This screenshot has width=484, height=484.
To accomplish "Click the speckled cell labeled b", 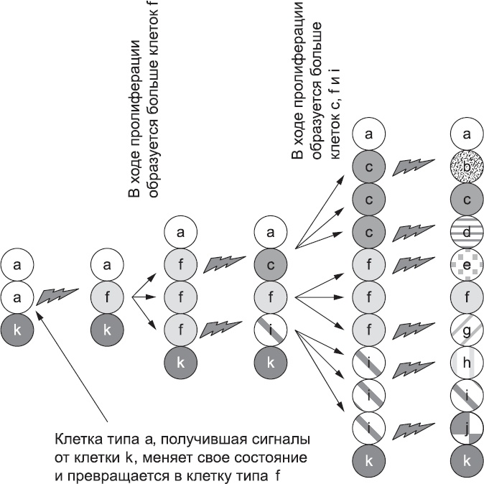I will (x=467, y=168).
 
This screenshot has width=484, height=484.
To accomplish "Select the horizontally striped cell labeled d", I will (x=467, y=231).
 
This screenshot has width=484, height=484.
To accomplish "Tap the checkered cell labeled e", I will (x=467, y=262).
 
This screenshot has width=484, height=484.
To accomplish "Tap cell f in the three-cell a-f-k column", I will (x=107, y=296).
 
